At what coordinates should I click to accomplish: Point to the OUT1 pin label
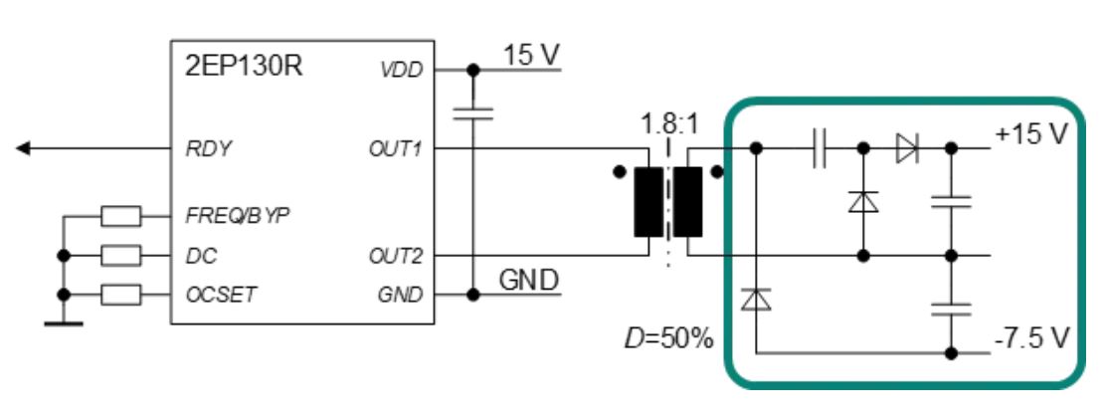pyautogui.click(x=396, y=149)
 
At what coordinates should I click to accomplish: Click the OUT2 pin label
pyautogui.click(x=395, y=256)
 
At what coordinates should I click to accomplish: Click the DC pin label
pyautogui.click(x=198, y=256)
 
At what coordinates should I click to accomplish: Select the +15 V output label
pyautogui.click(x=1030, y=134)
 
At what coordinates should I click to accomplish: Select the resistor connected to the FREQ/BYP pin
pyautogui.click(x=122, y=215)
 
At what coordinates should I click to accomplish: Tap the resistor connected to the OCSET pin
pyautogui.click(x=122, y=295)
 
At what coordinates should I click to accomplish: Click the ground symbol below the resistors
pyautogui.click(x=65, y=321)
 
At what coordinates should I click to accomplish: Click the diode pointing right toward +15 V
pyautogui.click(x=907, y=149)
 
